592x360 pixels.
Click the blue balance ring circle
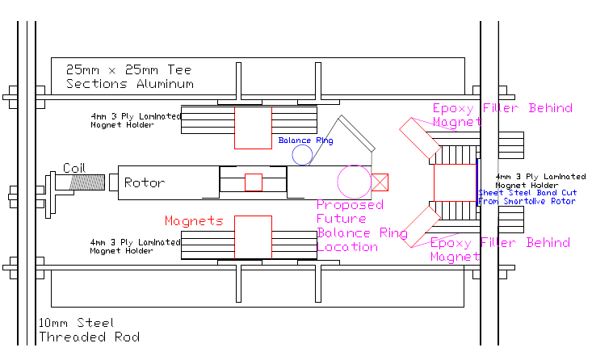(302, 155)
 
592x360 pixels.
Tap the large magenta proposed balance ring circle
(353, 181)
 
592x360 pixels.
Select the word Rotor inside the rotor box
(145, 182)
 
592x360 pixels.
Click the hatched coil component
(86, 182)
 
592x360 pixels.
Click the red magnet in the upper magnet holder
(253, 128)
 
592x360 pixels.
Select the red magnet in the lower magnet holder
(253, 237)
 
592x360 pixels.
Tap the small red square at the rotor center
(254, 182)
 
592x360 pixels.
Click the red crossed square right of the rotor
(380, 182)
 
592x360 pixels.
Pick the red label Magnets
(194, 220)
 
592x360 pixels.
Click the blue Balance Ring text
(305, 140)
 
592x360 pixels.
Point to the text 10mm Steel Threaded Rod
(89, 330)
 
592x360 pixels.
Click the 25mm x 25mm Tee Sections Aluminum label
(130, 77)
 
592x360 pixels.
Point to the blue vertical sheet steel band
(477, 182)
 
